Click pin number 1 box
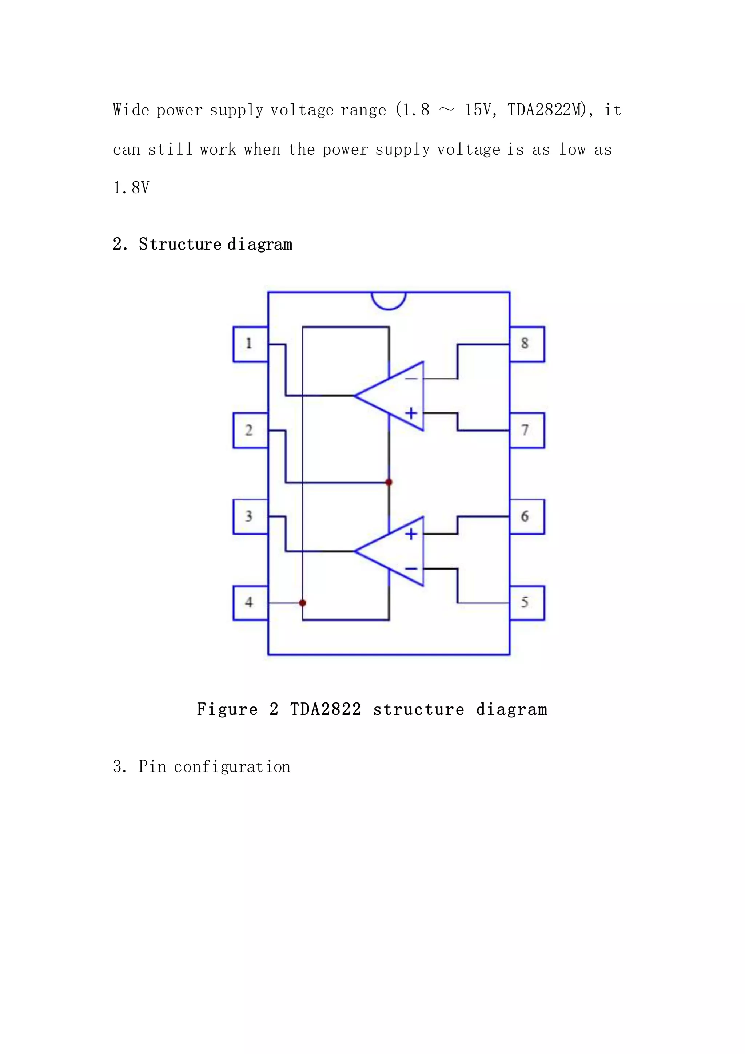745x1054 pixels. pyautogui.click(x=250, y=344)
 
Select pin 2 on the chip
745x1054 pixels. pyautogui.click(x=250, y=430)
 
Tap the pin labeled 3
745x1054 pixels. pyautogui.click(x=250, y=516)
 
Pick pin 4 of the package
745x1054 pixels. pyautogui.click(x=250, y=603)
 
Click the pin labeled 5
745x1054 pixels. pyautogui.click(x=527, y=603)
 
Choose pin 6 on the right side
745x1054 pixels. pyautogui.click(x=527, y=516)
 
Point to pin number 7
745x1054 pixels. pyautogui.click(x=527, y=430)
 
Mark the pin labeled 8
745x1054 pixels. pyautogui.click(x=527, y=344)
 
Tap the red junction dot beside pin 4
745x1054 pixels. pyautogui.click(x=302, y=603)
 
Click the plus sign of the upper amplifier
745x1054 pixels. pyautogui.click(x=411, y=413)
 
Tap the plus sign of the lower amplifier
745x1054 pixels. pyautogui.click(x=411, y=534)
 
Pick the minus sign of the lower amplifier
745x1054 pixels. pyautogui.click(x=411, y=569)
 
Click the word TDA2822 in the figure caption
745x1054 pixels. pyautogui.click(x=325, y=709)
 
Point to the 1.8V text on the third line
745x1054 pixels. pyautogui.click(x=131, y=188)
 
